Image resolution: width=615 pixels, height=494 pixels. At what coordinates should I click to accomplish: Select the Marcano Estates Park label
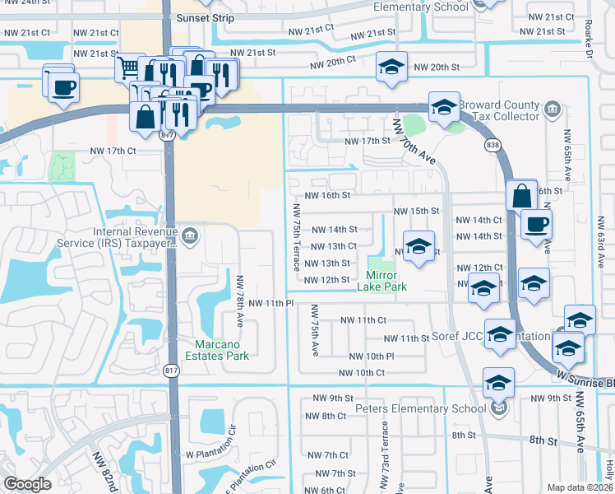(x=221, y=350)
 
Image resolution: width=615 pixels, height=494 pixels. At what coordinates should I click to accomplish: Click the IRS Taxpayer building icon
(x=190, y=237)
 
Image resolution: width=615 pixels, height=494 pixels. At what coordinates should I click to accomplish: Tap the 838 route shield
(x=492, y=146)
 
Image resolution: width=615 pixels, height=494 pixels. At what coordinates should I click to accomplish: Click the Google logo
(x=27, y=484)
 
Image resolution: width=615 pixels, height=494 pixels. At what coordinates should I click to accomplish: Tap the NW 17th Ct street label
(x=112, y=151)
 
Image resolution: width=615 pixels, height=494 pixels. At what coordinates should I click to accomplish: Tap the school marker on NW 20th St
(x=391, y=68)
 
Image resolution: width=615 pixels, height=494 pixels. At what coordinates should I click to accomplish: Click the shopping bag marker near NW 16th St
(x=521, y=196)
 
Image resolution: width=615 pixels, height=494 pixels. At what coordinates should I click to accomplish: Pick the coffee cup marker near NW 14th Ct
(x=536, y=225)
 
